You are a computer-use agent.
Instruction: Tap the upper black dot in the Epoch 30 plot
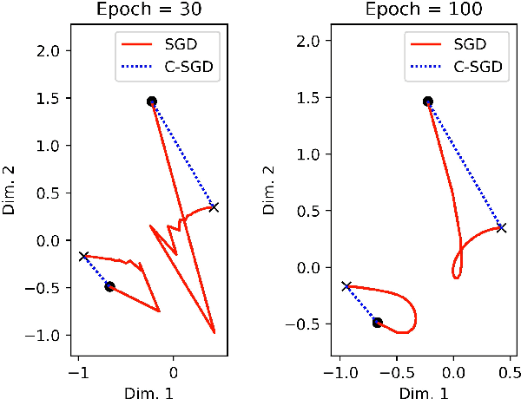click(151, 101)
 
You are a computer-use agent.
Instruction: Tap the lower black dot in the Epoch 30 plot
click(109, 286)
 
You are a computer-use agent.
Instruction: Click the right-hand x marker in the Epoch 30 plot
click(214, 206)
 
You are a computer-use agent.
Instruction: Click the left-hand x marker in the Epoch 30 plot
click(83, 256)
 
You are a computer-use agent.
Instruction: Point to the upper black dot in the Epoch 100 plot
click(427, 101)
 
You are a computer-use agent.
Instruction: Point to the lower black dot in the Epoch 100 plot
click(377, 322)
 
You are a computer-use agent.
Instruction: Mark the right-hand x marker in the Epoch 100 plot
click(501, 227)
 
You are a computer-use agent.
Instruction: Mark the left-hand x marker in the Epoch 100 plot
click(346, 285)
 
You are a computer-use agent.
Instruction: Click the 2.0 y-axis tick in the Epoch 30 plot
click(51, 51)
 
